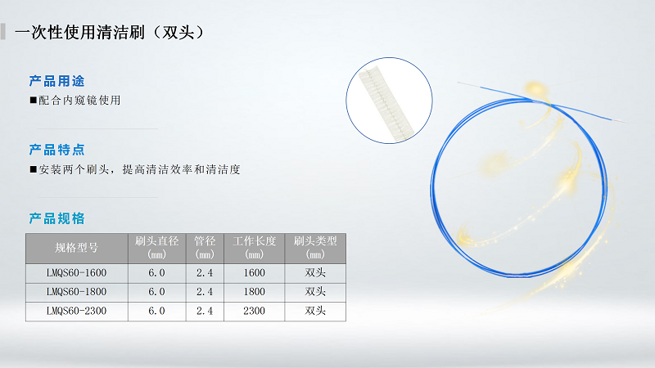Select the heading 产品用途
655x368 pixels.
(57, 82)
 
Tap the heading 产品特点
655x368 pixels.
(57, 150)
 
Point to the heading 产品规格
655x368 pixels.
(57, 219)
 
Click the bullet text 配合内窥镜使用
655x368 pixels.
(79, 101)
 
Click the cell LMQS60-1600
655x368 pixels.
(76, 272)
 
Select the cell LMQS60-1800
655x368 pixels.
(76, 292)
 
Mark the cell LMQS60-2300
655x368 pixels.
(76, 312)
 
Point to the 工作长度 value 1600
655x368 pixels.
(255, 272)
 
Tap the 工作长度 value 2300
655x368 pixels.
(255, 312)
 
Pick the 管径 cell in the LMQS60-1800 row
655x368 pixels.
(205, 292)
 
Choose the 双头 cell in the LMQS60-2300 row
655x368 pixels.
(315, 312)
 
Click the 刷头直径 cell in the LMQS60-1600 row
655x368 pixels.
(157, 272)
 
